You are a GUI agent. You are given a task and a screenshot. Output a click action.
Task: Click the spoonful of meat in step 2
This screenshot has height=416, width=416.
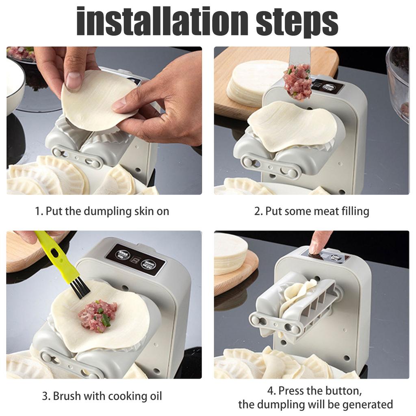click(x=297, y=81)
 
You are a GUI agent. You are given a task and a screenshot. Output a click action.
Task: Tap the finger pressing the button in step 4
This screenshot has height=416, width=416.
click(x=319, y=242)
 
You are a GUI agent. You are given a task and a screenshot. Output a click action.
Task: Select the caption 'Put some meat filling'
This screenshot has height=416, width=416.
click(x=317, y=211)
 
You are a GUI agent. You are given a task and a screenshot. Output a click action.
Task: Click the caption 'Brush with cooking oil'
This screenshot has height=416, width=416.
click(x=107, y=396)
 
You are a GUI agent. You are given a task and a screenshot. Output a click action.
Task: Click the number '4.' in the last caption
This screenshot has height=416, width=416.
click(x=272, y=391)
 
